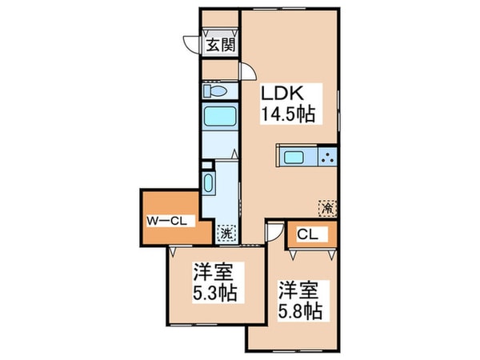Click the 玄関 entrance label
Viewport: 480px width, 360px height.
(x=219, y=45)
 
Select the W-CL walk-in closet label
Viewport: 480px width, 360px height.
(x=166, y=222)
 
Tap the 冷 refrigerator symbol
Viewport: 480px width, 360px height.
(x=327, y=206)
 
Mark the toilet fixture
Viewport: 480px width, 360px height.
(x=218, y=90)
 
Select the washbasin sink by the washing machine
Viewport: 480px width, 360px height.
(x=209, y=183)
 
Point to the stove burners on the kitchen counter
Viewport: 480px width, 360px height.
(x=328, y=155)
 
